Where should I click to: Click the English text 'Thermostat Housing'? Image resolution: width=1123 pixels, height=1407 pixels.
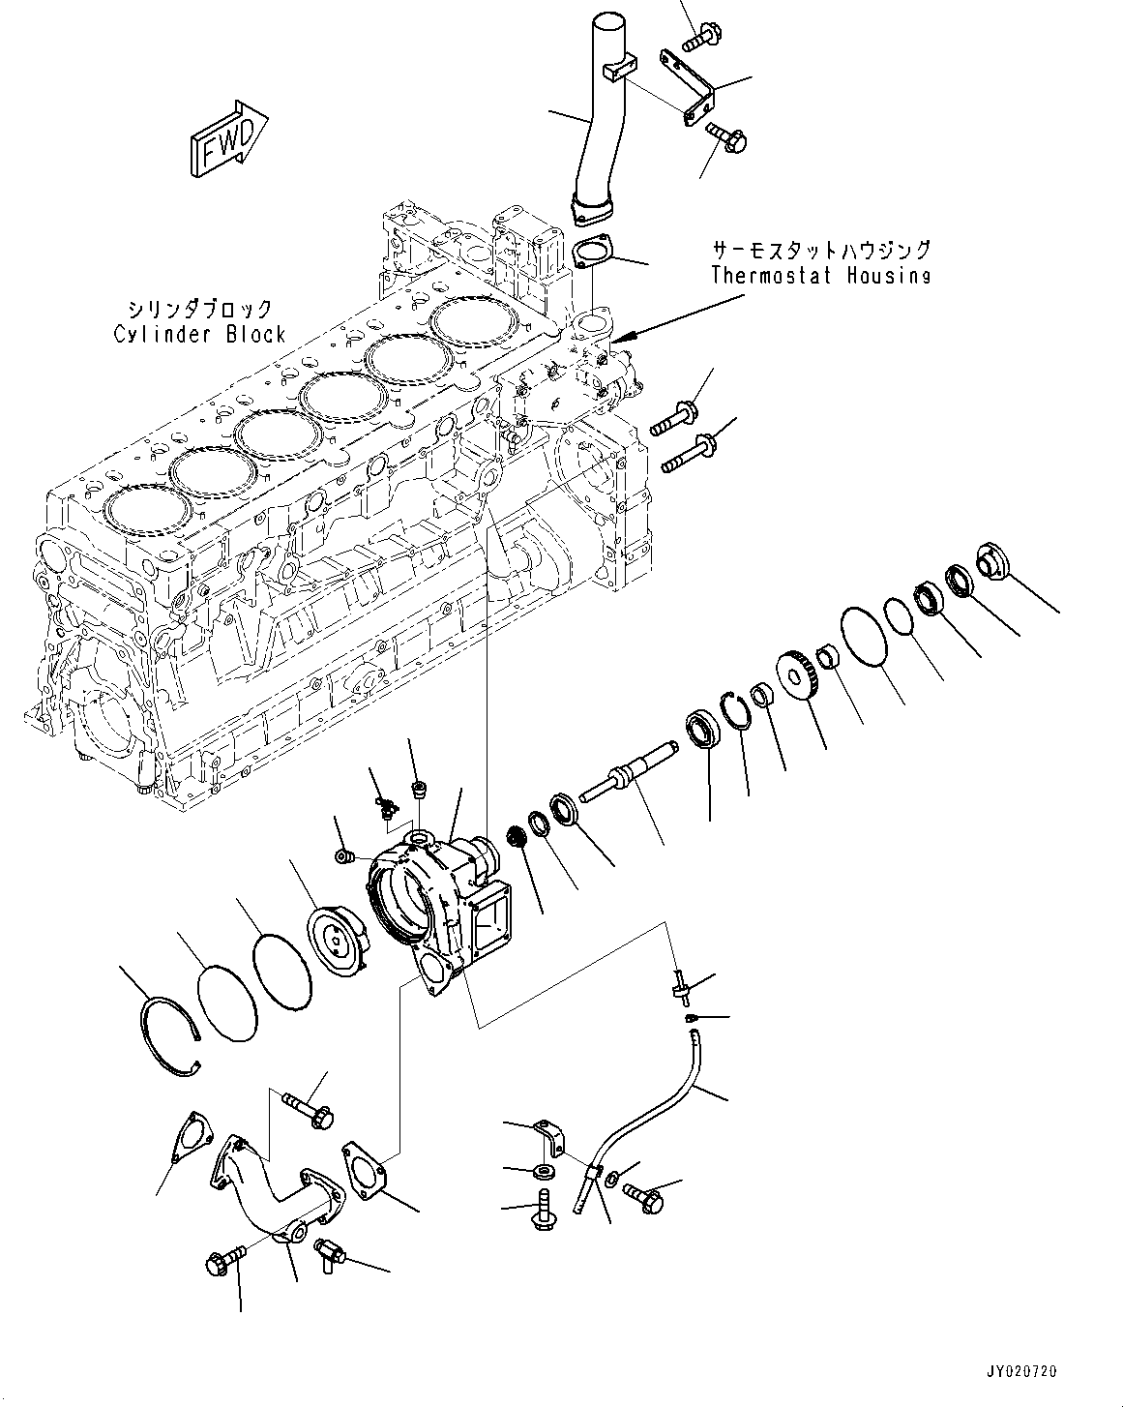pyautogui.click(x=820, y=275)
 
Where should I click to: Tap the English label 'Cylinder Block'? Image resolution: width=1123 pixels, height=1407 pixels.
pyautogui.click(x=199, y=335)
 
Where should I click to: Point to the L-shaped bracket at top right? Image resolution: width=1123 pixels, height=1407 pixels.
pyautogui.click(x=693, y=88)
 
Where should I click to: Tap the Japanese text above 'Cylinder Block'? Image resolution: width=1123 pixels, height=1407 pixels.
pyautogui.click(x=199, y=310)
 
